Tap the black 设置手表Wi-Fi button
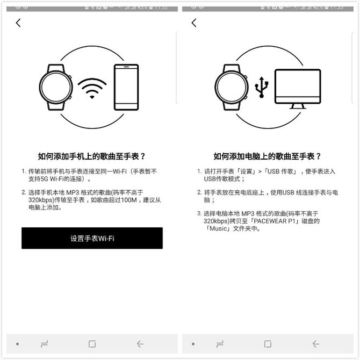pos(92,238)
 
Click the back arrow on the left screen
pos(18,23)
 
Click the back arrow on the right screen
pos(194,23)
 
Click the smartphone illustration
pos(126,88)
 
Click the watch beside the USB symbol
pos(232,88)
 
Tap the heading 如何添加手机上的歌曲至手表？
pos(92,156)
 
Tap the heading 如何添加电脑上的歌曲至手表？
pos(267,156)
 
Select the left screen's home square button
pos(92,344)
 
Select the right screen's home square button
pos(268,344)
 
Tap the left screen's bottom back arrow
pos(140,344)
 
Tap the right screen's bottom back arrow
pos(315,344)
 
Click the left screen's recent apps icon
pos(45,344)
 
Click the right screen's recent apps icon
pos(220,344)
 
